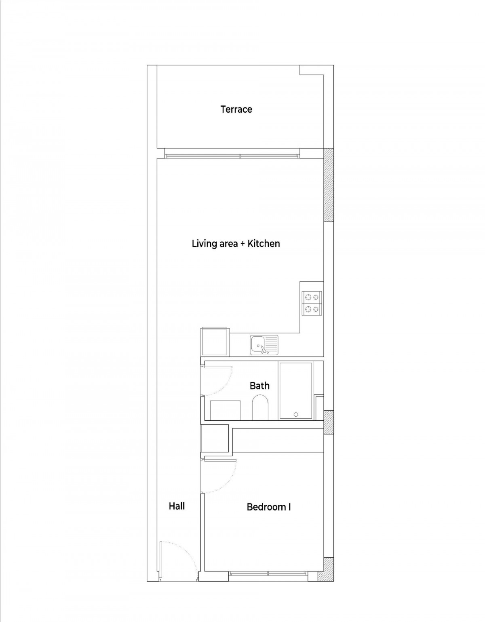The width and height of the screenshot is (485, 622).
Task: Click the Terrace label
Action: [x=236, y=110]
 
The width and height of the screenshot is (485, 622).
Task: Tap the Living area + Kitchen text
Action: [x=236, y=244]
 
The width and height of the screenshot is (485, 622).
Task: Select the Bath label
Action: [x=259, y=386]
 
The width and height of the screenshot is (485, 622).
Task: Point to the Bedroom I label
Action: [x=269, y=507]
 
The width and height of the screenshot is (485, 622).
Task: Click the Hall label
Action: [x=177, y=506]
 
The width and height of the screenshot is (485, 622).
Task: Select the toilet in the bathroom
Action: [x=260, y=407]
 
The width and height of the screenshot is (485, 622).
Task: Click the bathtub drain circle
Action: [x=296, y=414]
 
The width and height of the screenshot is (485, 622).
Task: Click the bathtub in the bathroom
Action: [x=296, y=391]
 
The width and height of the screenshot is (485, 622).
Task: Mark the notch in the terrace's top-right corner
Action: [x=312, y=70]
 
